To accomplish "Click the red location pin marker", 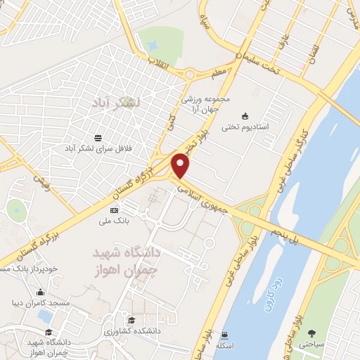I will point(181,165).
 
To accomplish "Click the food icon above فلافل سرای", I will point(98,137).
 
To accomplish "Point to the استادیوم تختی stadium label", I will point(245,128).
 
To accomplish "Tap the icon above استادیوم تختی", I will point(245,115).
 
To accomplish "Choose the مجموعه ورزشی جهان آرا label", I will point(202,104).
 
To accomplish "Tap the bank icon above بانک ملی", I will point(114,210).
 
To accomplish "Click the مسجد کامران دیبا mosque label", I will point(41,304).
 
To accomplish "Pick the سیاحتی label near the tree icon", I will point(318,345).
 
